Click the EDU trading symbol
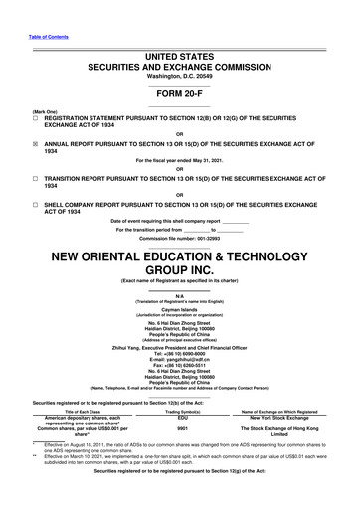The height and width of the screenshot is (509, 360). pyautogui.click(x=182, y=417)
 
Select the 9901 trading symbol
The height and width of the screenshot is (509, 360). pyautogui.click(x=182, y=428)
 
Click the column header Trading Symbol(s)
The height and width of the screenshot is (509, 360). pyautogui.click(x=182, y=410)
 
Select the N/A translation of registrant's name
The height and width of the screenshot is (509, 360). pyautogui.click(x=179, y=293)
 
